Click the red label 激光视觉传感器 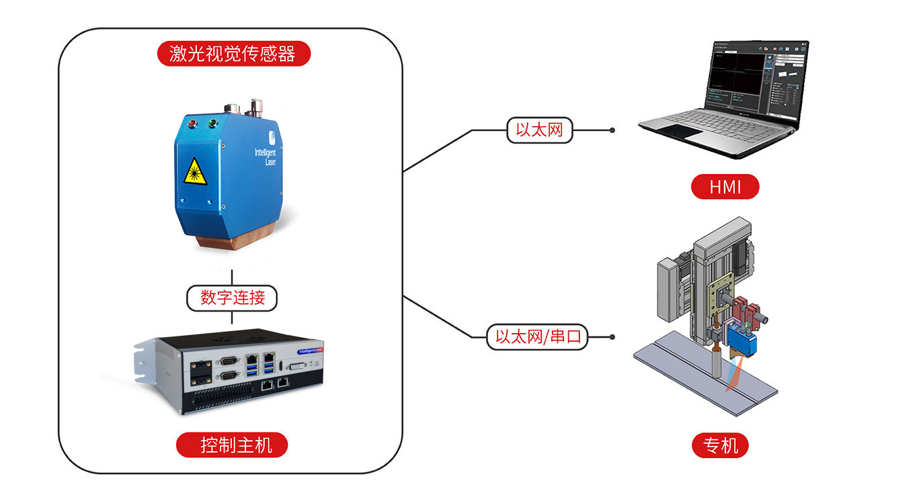click(x=233, y=54)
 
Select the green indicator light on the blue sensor click(x=212, y=122)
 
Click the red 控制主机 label click(x=233, y=445)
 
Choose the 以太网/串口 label click(x=537, y=336)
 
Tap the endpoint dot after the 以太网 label click(x=612, y=130)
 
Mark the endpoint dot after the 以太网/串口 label click(x=612, y=337)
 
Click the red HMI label click(x=725, y=187)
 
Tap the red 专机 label click(x=720, y=445)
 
